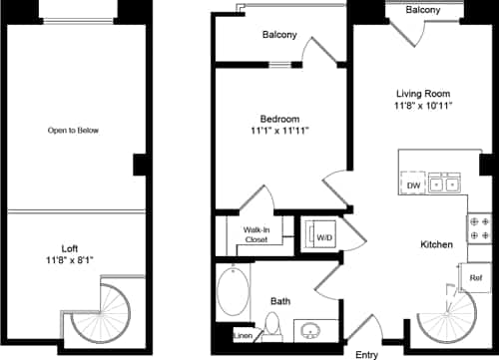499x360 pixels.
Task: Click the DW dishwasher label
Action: coord(413,185)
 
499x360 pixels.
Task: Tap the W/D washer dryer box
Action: coord(323,237)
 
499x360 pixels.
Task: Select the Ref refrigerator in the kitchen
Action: coord(475,278)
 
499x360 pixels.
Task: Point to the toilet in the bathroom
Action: coord(271,324)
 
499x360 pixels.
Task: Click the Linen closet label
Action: coord(243,335)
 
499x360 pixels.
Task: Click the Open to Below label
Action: coord(74,130)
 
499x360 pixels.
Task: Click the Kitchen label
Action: coord(437,244)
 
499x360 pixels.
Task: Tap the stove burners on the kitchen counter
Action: coord(478,227)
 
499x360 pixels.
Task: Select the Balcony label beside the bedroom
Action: coord(279,35)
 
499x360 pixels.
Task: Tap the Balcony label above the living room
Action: coord(424,9)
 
